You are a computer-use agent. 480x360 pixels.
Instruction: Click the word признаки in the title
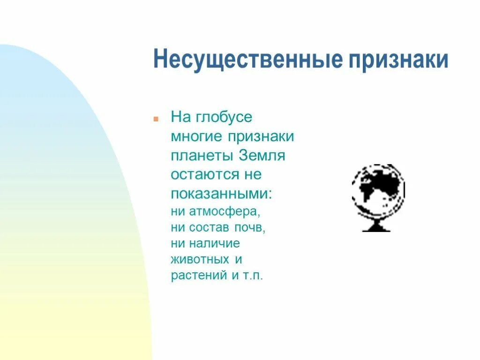point(398,60)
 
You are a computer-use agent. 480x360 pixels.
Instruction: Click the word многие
point(197,137)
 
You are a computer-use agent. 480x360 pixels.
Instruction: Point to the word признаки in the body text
point(262,137)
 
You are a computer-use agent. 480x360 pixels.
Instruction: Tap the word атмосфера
point(225,211)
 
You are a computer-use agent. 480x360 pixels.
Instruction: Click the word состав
point(210,227)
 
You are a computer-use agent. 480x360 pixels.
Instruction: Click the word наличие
point(215,243)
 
